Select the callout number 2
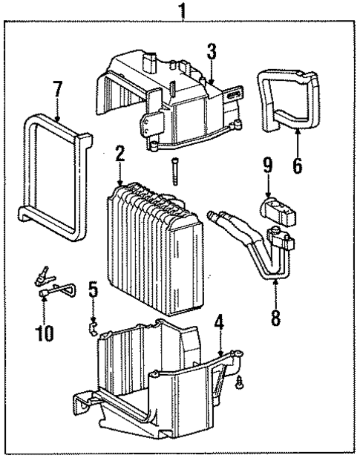pos(119,157)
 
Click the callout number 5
pos(93,289)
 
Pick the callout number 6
pos(297,164)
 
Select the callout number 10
pos(45,333)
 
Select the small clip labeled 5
pos(94,323)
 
